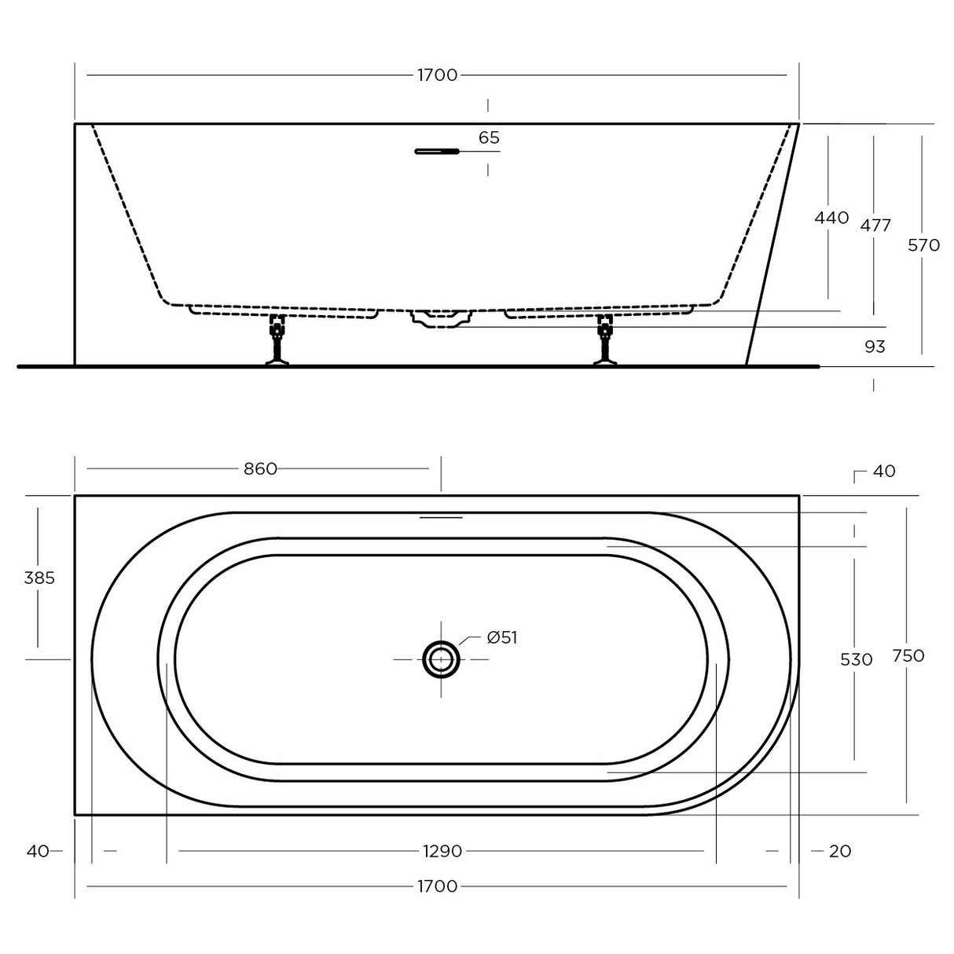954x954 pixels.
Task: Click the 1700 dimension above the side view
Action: click(x=437, y=75)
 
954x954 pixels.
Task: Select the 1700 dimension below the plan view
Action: click(x=437, y=887)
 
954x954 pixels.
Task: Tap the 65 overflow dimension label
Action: click(x=489, y=138)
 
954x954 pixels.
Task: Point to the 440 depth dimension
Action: click(x=831, y=218)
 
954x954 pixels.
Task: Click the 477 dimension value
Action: click(x=875, y=226)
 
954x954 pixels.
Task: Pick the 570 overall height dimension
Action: click(x=923, y=245)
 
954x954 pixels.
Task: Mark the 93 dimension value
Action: click(x=874, y=347)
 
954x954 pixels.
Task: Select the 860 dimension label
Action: click(x=260, y=469)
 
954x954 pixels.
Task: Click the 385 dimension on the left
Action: click(x=39, y=578)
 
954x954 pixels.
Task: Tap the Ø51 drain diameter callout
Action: click(x=501, y=638)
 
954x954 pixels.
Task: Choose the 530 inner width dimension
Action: click(x=856, y=660)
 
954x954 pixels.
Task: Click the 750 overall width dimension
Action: click(x=908, y=655)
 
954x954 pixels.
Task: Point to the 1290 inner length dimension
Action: click(x=442, y=851)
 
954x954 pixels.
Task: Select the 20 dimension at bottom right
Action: click(x=839, y=851)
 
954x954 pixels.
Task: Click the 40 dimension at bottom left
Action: click(x=37, y=851)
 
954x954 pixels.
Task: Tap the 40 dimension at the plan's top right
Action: click(x=884, y=471)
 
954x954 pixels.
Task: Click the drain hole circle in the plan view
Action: click(x=441, y=659)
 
